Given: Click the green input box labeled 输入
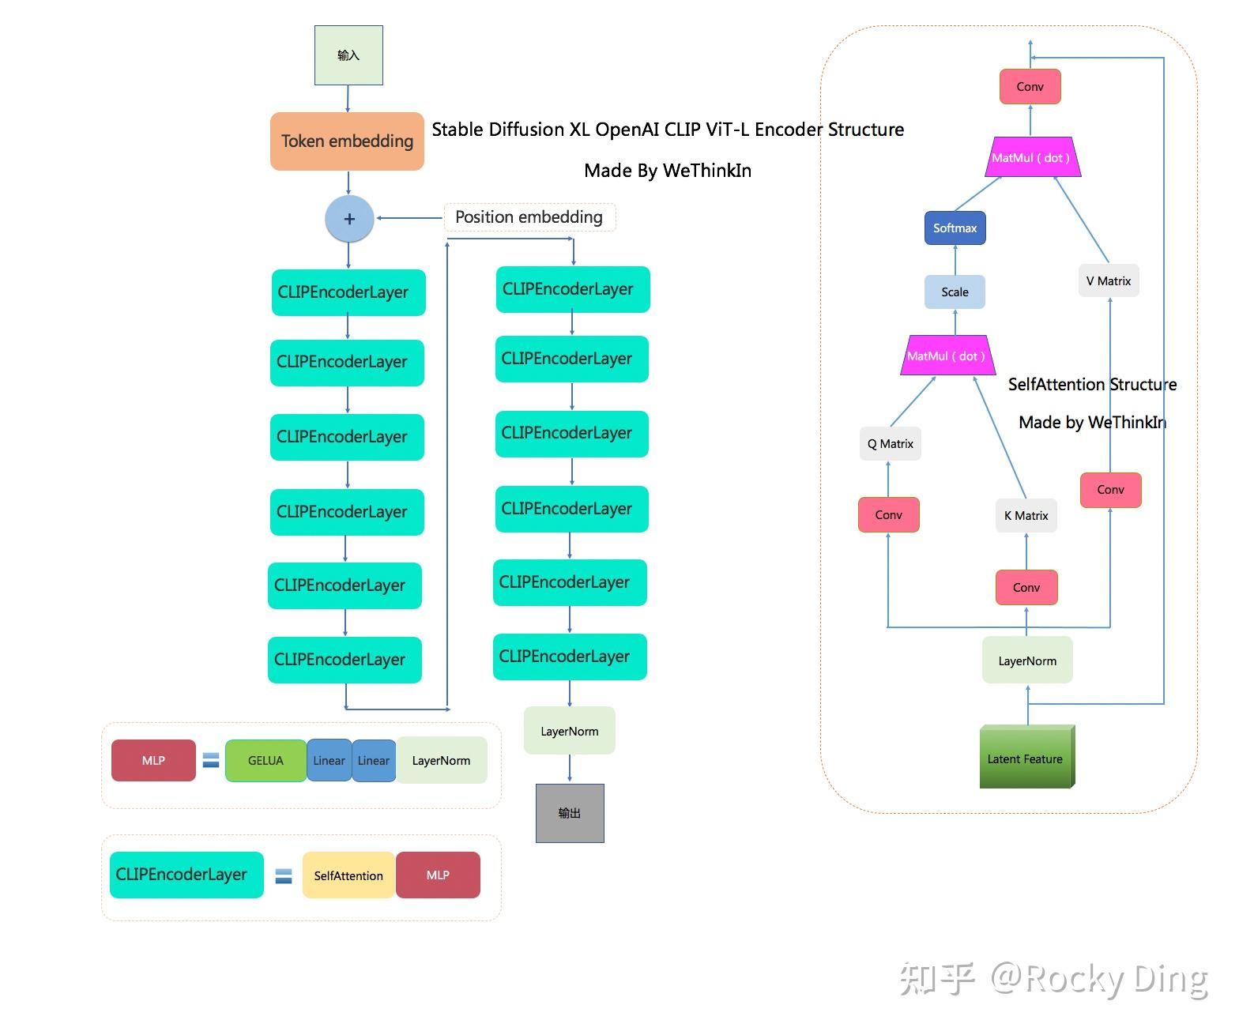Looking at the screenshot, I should coord(348,55).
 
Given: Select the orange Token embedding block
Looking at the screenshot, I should coord(347,141).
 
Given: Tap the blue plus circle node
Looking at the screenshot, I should coord(348,219).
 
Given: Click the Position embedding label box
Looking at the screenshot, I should coord(529,217).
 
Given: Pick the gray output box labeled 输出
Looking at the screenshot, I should coord(570,813).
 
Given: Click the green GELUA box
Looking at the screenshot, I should coord(265,761).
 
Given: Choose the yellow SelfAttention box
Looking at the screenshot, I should coord(348,875).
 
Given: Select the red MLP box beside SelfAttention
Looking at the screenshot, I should coord(438,875).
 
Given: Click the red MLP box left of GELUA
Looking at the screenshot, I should coord(153,761).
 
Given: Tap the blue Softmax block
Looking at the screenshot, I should coord(955,228).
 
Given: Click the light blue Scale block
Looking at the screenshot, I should coord(955,292).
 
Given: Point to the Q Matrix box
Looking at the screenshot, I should coord(890,444).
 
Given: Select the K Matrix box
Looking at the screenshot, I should coord(1026,516).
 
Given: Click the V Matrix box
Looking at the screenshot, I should coord(1109,281).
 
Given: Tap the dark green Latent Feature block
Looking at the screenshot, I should coord(1026,758).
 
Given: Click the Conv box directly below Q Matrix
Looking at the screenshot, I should coord(888,515).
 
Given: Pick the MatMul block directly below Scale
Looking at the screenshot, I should coord(947,356).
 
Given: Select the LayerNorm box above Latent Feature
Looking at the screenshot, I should coord(1027,661).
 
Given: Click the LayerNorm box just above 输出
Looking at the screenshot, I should coord(569,732).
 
